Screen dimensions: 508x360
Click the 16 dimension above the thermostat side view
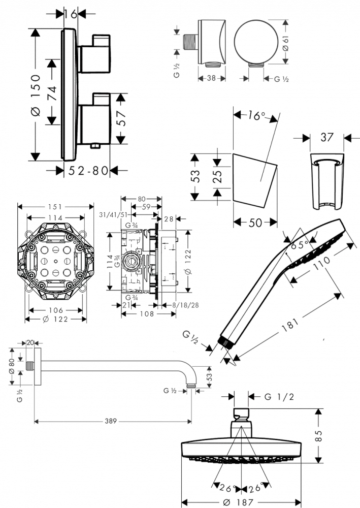click(72, 15)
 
